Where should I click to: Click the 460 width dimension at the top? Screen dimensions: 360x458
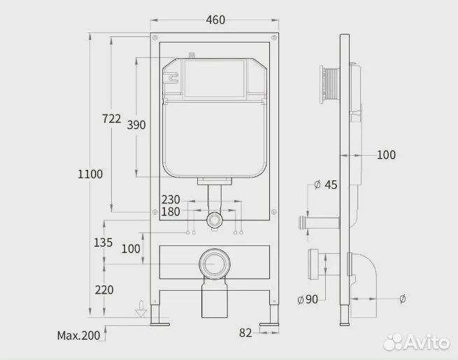[215, 20]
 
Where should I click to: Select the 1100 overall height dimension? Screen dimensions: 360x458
[90, 175]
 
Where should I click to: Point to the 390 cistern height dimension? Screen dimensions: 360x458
[136, 125]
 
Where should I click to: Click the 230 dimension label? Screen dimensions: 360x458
[171, 199]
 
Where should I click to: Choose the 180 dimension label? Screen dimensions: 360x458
[171, 212]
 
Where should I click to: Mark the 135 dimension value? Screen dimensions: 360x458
[103, 243]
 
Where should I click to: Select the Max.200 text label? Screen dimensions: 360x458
[79, 336]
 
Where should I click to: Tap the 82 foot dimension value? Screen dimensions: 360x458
[245, 333]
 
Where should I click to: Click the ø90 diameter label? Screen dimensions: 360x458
[308, 299]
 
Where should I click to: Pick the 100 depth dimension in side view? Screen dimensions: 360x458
[386, 154]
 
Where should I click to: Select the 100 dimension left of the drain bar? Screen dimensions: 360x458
[130, 248]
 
